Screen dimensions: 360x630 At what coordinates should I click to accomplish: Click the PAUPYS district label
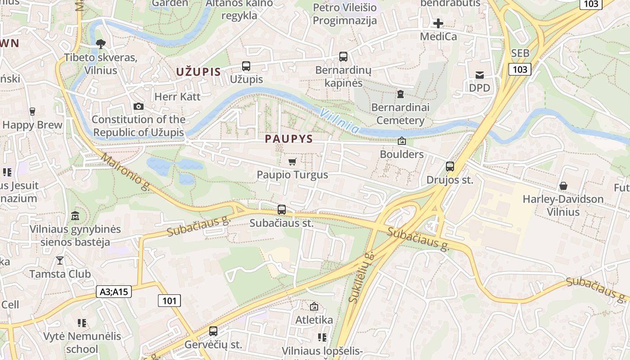[289, 139]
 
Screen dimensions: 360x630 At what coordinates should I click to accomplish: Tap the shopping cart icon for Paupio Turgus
[292, 162]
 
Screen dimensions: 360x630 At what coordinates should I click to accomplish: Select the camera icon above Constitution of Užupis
[139, 107]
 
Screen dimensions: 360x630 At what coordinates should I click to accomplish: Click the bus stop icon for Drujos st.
[450, 166]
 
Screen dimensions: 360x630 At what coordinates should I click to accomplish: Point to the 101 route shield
[169, 301]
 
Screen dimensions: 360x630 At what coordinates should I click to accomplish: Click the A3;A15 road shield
[114, 292]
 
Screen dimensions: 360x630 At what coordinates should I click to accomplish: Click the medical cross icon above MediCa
[438, 23]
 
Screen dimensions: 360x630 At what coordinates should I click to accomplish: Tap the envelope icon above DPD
[480, 75]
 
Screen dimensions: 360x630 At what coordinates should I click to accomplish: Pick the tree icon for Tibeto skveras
[101, 44]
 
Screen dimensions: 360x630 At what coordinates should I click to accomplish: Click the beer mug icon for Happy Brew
[32, 112]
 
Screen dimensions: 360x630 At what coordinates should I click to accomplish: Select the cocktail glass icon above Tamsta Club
[60, 261]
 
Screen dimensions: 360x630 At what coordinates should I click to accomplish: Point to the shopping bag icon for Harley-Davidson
[562, 186]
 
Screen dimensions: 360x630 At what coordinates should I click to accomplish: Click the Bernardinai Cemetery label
[400, 114]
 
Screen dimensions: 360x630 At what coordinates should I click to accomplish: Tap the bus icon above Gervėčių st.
[213, 331]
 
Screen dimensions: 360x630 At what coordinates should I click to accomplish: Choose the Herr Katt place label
[177, 96]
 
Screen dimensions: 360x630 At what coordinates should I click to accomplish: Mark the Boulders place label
[401, 154]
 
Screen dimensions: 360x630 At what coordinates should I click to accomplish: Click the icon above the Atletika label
[314, 307]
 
